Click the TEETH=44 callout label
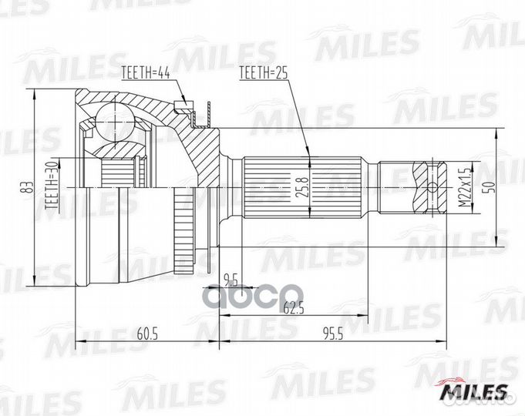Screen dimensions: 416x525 pos(146,73)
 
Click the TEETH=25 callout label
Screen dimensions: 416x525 pos(264,73)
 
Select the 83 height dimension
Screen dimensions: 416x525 pos(26,186)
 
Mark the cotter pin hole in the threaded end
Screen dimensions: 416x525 pos(432,186)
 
